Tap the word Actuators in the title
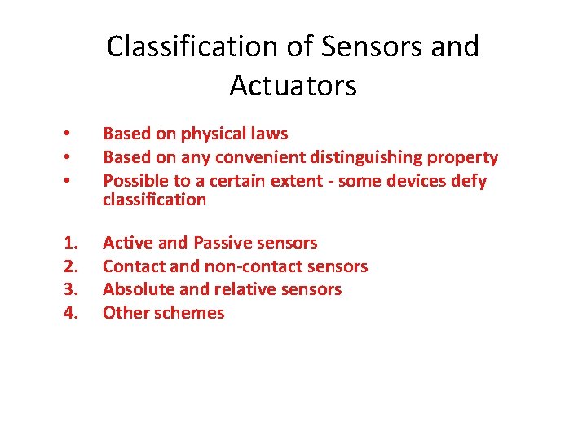(x=293, y=85)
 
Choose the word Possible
(x=135, y=180)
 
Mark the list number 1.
(x=71, y=243)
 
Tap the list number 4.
(x=71, y=313)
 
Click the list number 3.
(x=71, y=289)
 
